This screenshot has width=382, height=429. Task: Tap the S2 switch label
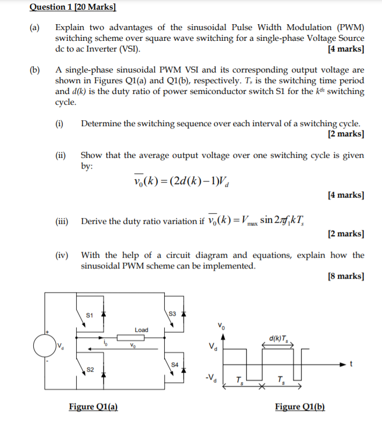point(90,369)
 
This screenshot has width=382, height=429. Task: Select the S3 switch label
point(172,314)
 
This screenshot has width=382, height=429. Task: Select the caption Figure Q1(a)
point(93,406)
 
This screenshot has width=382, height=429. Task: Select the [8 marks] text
point(345,277)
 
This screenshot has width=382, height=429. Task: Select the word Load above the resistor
point(141,330)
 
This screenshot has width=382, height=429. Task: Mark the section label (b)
point(35,70)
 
